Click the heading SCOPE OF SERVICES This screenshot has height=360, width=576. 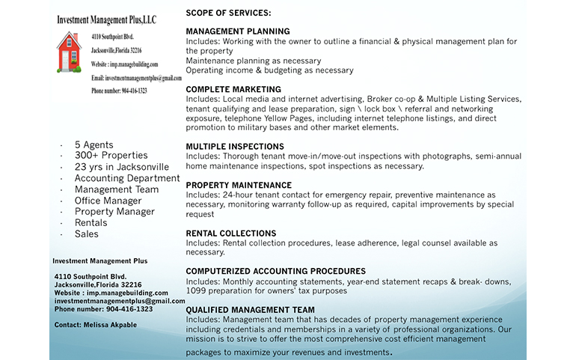coord(228,13)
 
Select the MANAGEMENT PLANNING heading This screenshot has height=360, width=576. coord(237,31)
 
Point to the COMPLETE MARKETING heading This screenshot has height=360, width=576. coord(233,89)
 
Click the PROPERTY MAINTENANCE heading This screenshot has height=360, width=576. coord(239,185)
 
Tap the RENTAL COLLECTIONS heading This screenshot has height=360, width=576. coord(230,234)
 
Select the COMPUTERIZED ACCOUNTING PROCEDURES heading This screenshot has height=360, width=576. coord(275,271)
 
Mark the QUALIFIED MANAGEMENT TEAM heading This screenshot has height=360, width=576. coord(250,310)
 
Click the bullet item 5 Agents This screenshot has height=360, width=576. coord(94,144)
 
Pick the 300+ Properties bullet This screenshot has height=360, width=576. coord(111,156)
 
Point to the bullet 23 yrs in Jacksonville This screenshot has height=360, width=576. coord(121,167)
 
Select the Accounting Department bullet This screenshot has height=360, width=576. coord(126,178)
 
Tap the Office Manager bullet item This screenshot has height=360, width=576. coord(108,201)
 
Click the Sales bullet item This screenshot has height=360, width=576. coord(86,234)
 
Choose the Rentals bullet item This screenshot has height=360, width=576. coord(91,223)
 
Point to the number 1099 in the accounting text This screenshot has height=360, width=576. coord(196,290)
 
